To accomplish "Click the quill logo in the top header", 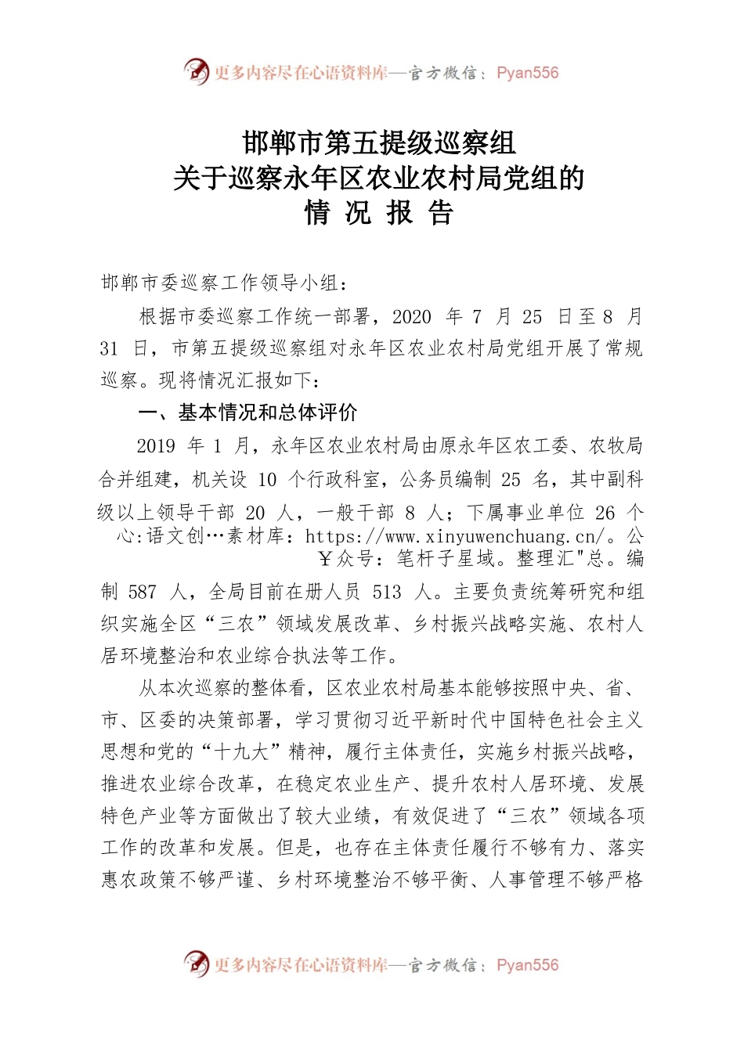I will click(197, 72).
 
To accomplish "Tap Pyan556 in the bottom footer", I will click(528, 965).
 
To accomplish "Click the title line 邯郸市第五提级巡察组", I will click(379, 142).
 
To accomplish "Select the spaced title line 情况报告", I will click(379, 214).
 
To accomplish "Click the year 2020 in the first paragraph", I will click(411, 317).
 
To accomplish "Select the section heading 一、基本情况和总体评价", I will click(247, 413).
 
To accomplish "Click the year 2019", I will click(156, 446).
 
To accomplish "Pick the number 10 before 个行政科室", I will click(266, 479).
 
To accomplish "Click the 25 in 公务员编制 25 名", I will click(511, 479).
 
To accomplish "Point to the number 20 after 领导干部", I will click(255, 513).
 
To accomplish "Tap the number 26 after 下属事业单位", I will click(605, 513).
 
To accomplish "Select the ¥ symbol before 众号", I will click(324, 559).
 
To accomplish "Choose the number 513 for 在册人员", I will click(387, 593).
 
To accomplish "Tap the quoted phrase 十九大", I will click(241, 752).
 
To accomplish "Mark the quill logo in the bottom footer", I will click(197, 964).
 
